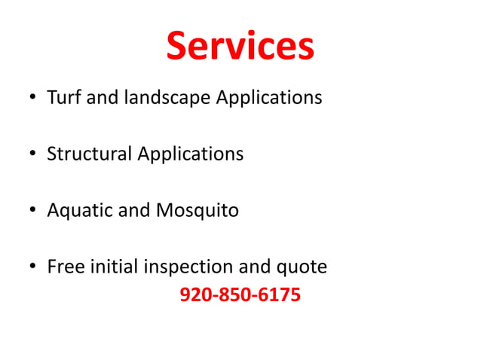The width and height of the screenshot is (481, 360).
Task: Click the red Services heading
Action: point(240,46)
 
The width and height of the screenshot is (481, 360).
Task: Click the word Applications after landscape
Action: point(269,99)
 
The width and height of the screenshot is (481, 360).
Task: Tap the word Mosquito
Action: point(197,211)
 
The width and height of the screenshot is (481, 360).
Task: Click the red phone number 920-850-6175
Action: point(240,294)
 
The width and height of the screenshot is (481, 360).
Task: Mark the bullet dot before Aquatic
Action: point(32,212)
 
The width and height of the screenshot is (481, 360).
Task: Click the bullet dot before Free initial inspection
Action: point(32,268)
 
